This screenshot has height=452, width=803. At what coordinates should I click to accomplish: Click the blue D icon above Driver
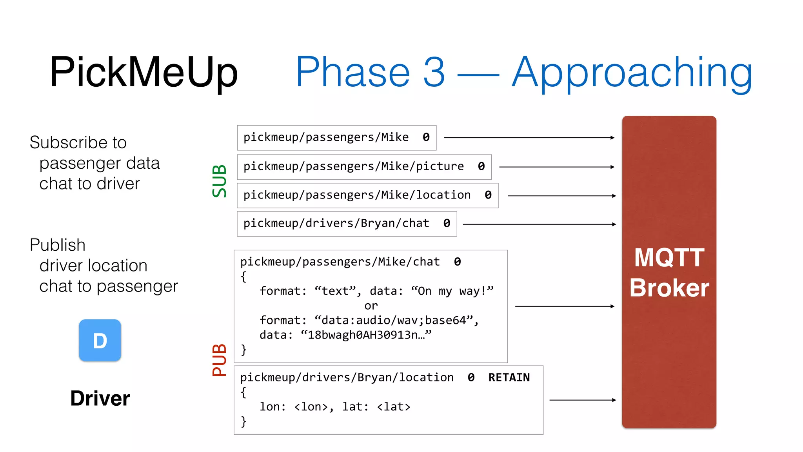(x=100, y=340)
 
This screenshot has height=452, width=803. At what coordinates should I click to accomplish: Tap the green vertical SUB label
(x=219, y=181)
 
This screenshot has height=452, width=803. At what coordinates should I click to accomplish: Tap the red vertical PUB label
(x=219, y=360)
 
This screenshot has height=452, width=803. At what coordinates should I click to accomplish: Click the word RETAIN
(x=509, y=377)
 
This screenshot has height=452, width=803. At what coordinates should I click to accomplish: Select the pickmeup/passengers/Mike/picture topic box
(x=364, y=167)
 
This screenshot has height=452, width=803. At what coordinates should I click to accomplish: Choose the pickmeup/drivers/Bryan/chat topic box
(x=347, y=224)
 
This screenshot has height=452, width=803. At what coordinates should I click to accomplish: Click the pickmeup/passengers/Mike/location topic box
(x=367, y=195)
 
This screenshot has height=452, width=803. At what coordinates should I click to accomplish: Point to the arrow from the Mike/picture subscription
(x=556, y=167)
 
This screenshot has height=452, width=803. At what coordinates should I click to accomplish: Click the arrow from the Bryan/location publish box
(x=582, y=400)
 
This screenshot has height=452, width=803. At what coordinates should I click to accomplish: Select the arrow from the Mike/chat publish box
(x=565, y=306)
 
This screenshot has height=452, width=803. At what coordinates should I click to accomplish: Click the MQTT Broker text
(x=669, y=273)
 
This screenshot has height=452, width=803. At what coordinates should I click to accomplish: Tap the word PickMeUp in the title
(x=144, y=72)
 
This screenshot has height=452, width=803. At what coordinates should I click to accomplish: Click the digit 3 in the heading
(x=434, y=72)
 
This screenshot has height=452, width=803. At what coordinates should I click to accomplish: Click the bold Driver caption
(x=100, y=398)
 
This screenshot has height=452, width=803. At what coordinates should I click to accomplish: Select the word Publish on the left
(x=58, y=245)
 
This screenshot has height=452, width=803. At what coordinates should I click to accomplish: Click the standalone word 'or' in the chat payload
(x=371, y=306)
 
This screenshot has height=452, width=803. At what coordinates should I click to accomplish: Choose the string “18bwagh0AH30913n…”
(x=366, y=335)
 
